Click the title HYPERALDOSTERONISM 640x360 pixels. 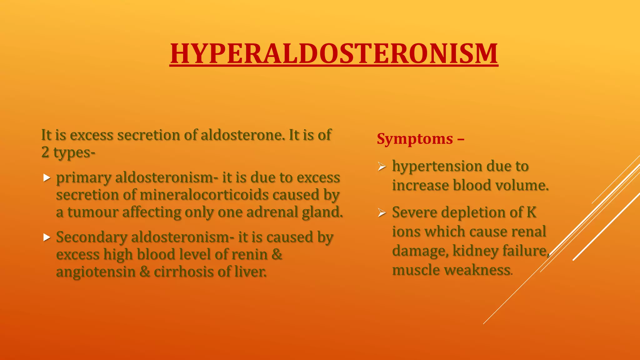(334, 54)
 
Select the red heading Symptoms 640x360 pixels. (415, 139)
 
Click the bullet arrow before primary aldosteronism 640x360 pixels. (47, 178)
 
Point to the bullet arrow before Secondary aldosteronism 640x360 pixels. (47, 237)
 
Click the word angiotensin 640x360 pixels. (95, 272)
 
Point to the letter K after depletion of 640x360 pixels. (531, 212)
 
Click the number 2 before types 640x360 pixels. (45, 152)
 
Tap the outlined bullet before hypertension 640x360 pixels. (382, 167)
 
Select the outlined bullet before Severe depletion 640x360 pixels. (382, 213)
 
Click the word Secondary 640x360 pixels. (91, 237)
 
